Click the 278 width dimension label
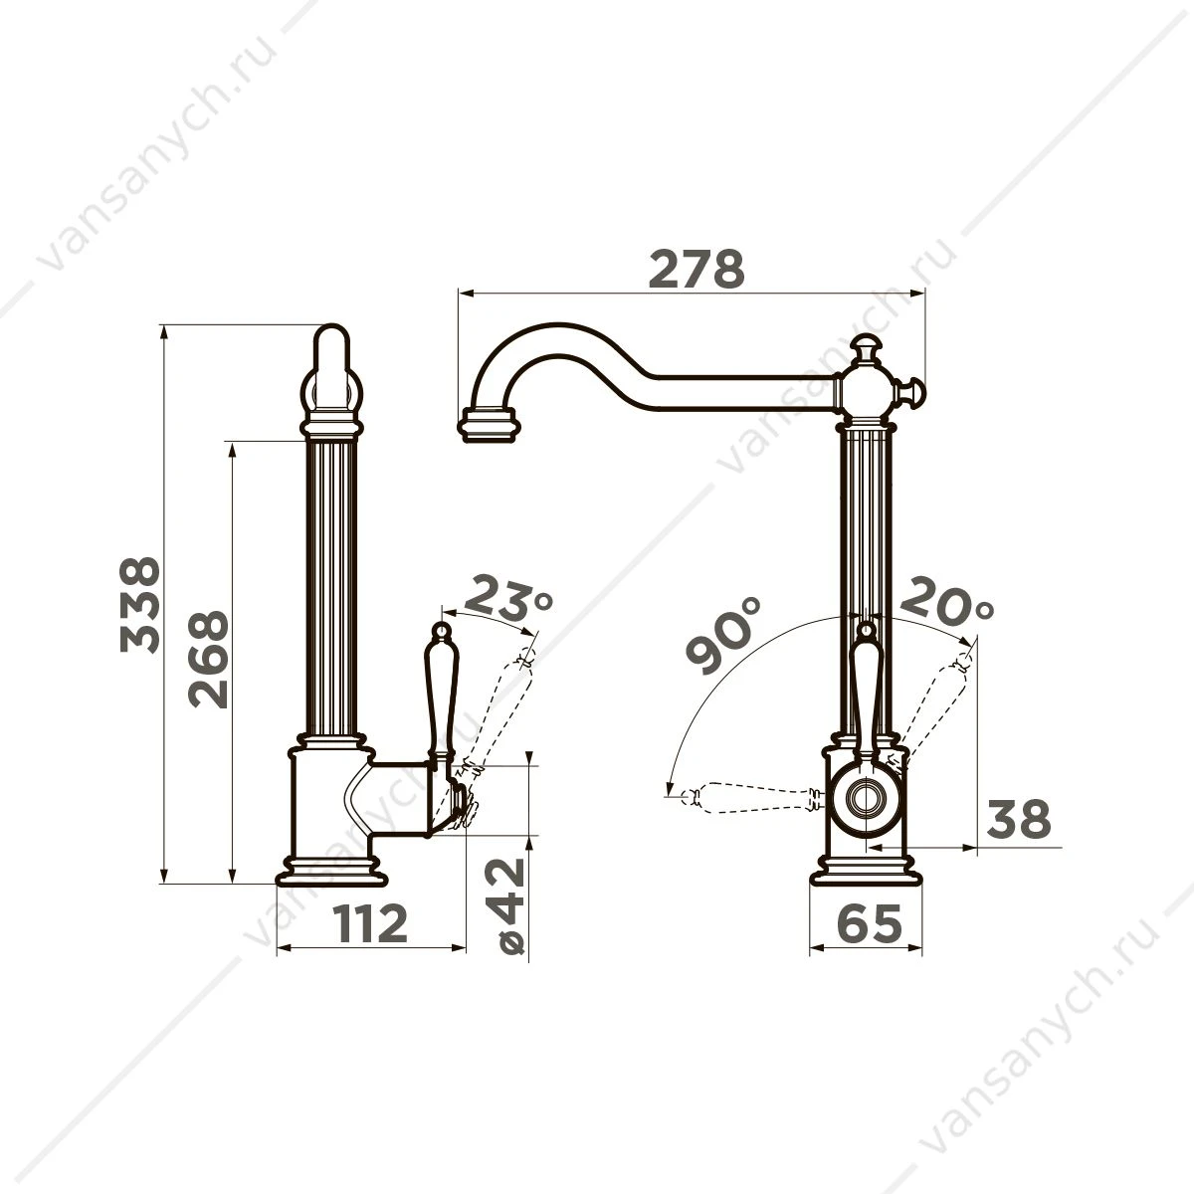point(696,270)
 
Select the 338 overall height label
point(140,605)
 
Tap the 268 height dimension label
point(208,660)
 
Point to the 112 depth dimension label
point(370,922)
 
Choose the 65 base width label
point(870,922)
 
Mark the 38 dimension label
point(1019,819)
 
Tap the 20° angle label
point(947,600)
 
